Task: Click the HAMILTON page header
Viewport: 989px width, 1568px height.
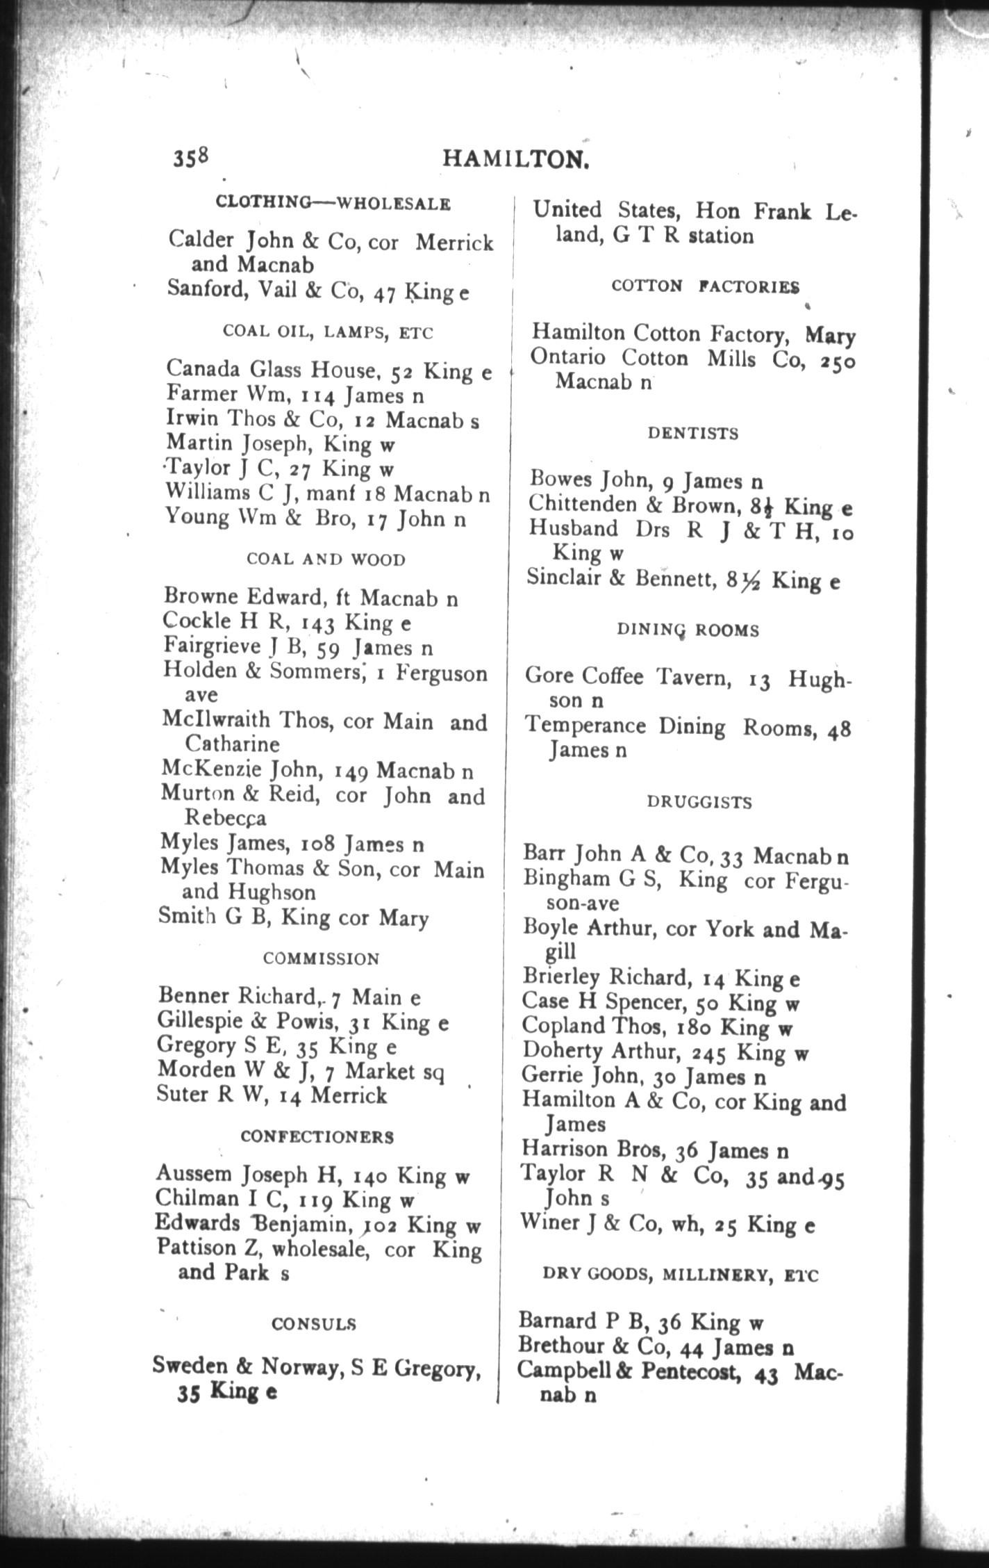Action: click(517, 160)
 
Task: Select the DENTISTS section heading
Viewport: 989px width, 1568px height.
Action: click(693, 434)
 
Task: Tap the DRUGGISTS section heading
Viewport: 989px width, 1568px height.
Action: click(699, 802)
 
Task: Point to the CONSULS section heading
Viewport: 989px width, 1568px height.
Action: click(314, 1323)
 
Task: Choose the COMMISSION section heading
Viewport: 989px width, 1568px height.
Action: click(322, 958)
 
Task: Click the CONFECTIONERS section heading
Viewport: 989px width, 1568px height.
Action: click(317, 1136)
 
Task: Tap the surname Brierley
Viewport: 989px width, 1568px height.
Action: click(561, 978)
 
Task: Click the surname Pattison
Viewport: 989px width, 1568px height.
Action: click(197, 1248)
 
